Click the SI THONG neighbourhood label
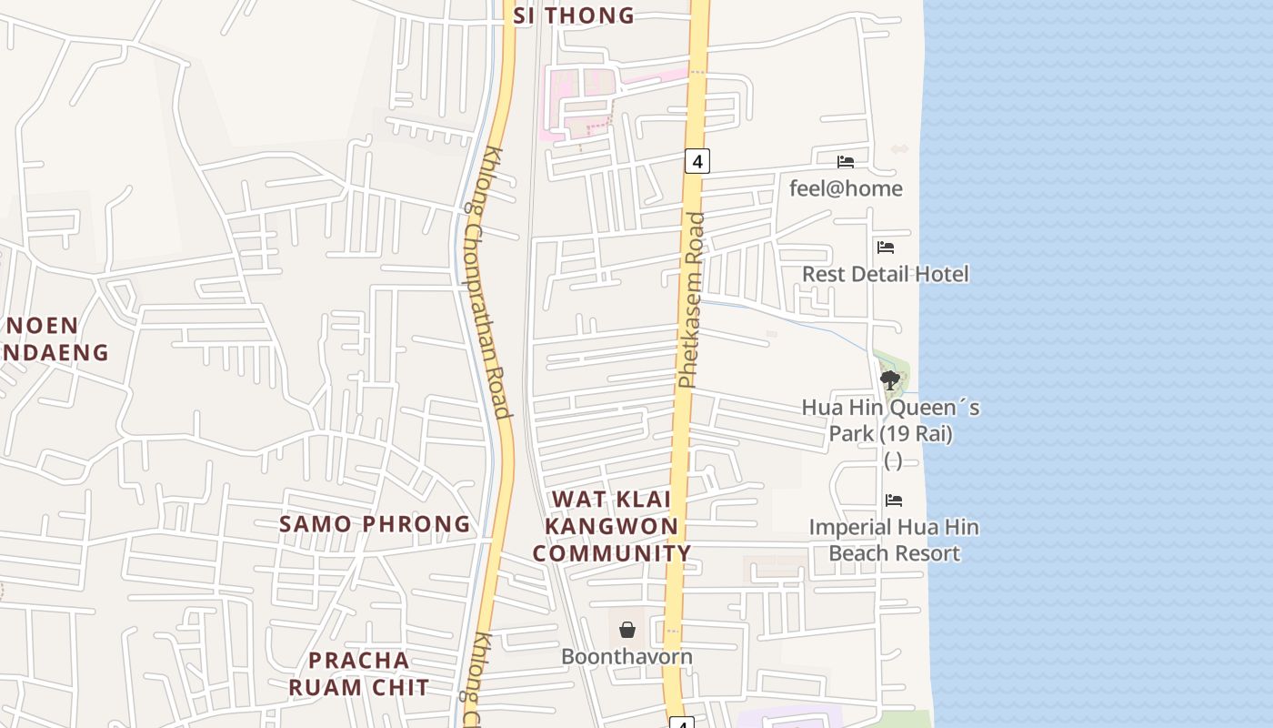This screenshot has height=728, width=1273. click(x=574, y=15)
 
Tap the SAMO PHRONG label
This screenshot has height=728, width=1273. click(x=375, y=524)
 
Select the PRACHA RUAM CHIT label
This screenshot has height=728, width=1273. click(x=359, y=673)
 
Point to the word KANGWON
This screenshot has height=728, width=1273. click(x=611, y=526)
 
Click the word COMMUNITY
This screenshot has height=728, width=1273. click(x=611, y=553)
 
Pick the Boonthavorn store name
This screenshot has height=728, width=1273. click(x=626, y=656)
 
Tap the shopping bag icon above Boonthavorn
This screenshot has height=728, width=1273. click(x=627, y=629)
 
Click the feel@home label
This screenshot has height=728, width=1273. click(x=846, y=188)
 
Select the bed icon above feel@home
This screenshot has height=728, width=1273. click(x=846, y=162)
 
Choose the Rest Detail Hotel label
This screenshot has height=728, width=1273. click(x=885, y=274)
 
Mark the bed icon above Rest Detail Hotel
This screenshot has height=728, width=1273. click(x=886, y=247)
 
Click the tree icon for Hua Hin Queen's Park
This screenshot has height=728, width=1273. click(x=890, y=380)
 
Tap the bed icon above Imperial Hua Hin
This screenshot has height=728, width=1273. click(x=894, y=500)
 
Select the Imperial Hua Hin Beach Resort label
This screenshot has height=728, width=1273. click(x=894, y=540)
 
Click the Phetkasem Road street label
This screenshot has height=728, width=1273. click(x=692, y=300)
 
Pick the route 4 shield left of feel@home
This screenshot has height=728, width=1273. click(x=697, y=162)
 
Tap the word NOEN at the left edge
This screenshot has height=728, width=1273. click(x=43, y=325)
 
